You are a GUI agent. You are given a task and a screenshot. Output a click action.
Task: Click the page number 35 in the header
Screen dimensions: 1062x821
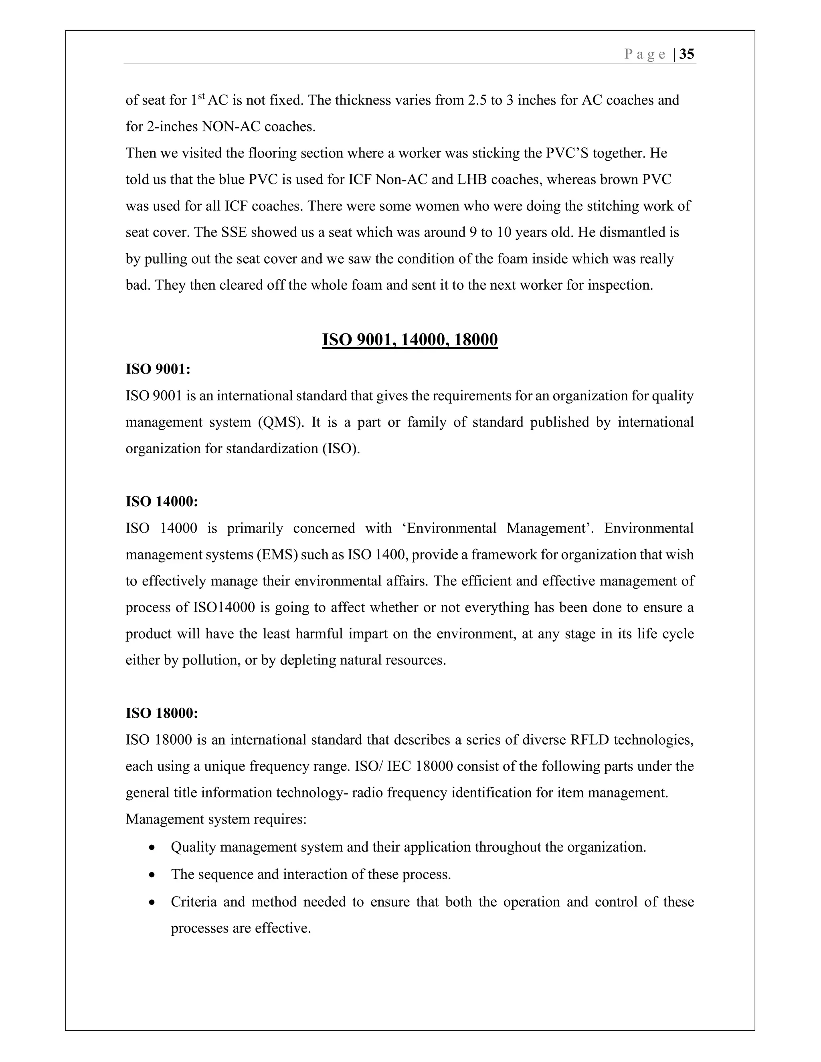tap(686, 54)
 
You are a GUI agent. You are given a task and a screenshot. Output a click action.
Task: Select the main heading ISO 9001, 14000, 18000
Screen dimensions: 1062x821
tap(410, 339)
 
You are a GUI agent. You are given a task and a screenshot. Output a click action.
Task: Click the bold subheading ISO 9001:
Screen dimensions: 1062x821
tap(158, 369)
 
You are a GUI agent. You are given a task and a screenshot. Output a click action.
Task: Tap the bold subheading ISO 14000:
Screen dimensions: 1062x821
tap(162, 501)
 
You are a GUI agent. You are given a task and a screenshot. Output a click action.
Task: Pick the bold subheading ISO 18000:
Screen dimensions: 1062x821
tap(162, 713)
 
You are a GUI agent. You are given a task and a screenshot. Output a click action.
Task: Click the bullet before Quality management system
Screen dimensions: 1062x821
tap(152, 848)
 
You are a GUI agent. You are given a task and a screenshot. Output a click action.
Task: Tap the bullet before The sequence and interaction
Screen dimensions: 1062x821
tap(152, 875)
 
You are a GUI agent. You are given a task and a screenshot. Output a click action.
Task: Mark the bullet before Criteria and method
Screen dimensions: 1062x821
tap(152, 902)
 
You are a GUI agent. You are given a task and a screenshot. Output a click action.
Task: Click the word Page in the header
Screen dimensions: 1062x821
tap(645, 55)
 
